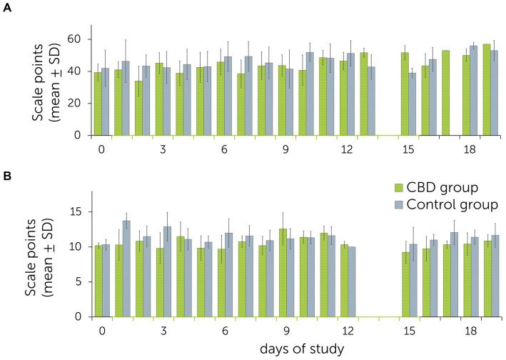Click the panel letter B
pyautogui.click(x=6, y=173)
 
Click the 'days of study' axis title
pyautogui.click(x=293, y=349)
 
